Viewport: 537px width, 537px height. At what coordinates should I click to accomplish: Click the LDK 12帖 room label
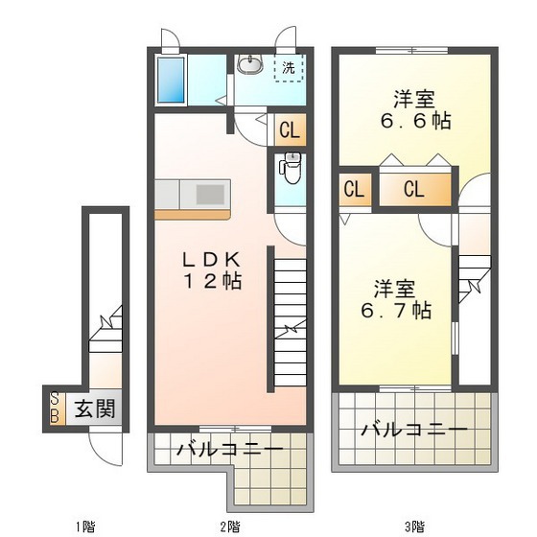(x=213, y=271)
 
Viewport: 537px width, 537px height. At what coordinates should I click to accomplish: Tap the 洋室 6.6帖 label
(x=414, y=110)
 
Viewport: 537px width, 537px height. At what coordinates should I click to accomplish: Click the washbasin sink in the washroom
(x=251, y=65)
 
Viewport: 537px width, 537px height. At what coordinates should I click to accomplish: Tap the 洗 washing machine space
(x=289, y=69)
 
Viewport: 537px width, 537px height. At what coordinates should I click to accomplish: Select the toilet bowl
(x=291, y=169)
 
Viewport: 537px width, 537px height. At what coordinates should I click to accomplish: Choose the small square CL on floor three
(x=353, y=189)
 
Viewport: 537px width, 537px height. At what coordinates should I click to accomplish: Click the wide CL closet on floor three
(x=413, y=189)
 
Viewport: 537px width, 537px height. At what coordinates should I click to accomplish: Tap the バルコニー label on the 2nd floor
(x=230, y=449)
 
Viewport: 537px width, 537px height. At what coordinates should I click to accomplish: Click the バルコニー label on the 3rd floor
(x=414, y=429)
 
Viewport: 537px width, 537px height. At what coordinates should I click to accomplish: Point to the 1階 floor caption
(x=85, y=526)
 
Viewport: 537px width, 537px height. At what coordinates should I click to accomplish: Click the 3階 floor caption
(x=414, y=526)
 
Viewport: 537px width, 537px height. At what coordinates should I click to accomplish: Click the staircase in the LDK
(x=288, y=316)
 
